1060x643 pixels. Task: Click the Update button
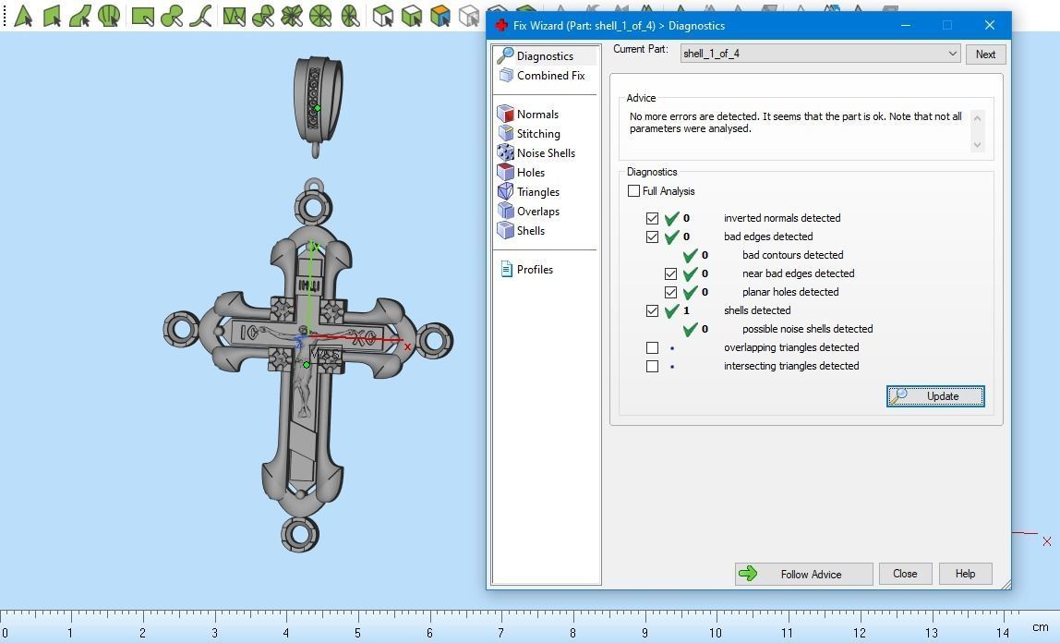(935, 396)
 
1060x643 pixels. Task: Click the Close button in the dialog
(905, 574)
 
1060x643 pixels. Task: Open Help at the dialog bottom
(966, 574)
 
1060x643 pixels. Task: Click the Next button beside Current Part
(985, 55)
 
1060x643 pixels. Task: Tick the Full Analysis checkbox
(633, 190)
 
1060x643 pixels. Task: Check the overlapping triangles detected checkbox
(653, 347)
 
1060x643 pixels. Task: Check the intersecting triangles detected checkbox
(653, 366)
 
